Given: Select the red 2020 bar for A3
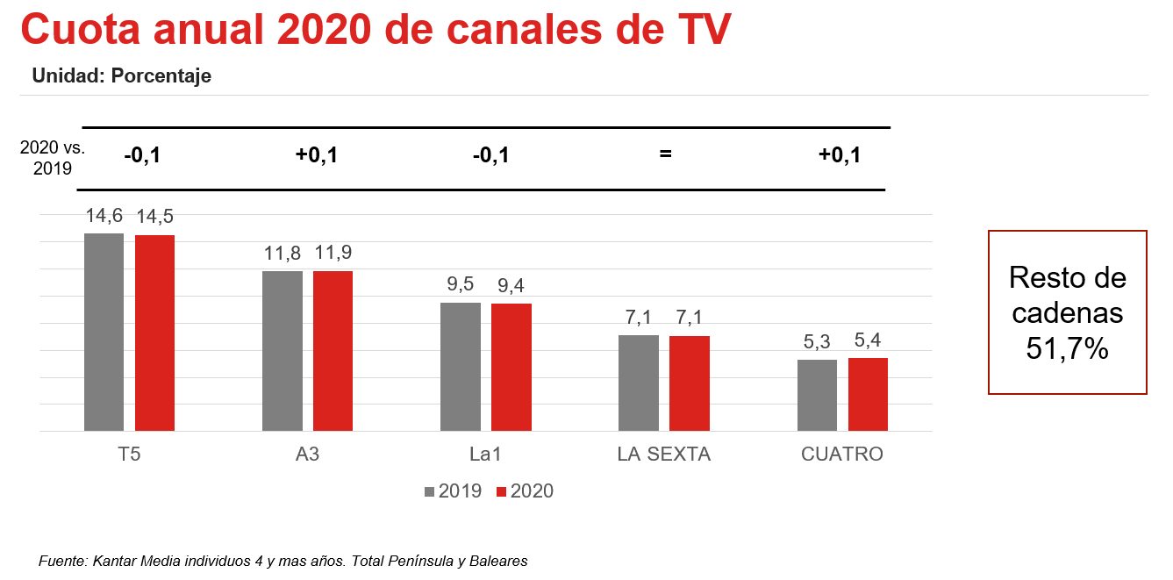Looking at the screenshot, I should (x=333, y=351).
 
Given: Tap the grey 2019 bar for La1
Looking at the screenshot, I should (x=461, y=367).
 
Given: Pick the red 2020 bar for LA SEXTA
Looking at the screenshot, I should (x=690, y=383).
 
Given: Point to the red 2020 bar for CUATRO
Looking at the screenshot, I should (x=868, y=394).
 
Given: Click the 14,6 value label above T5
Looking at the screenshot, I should (x=104, y=216).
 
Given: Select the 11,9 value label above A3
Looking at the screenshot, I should (x=333, y=254).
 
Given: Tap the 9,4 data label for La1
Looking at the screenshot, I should (x=511, y=285).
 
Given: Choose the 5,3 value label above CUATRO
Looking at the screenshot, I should (x=817, y=341).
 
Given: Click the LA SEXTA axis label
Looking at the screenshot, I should (x=663, y=455).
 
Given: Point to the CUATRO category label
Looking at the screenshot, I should (x=842, y=455).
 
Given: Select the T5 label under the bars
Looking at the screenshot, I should (x=129, y=455).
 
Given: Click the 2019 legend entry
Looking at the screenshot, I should (x=453, y=491).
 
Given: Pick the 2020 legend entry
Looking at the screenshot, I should (x=525, y=491).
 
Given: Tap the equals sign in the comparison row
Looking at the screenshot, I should (x=665, y=155).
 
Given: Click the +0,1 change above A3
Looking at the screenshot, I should (x=317, y=155).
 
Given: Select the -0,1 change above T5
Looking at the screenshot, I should (x=142, y=155).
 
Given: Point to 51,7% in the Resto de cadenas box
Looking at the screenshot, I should (x=1067, y=349).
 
